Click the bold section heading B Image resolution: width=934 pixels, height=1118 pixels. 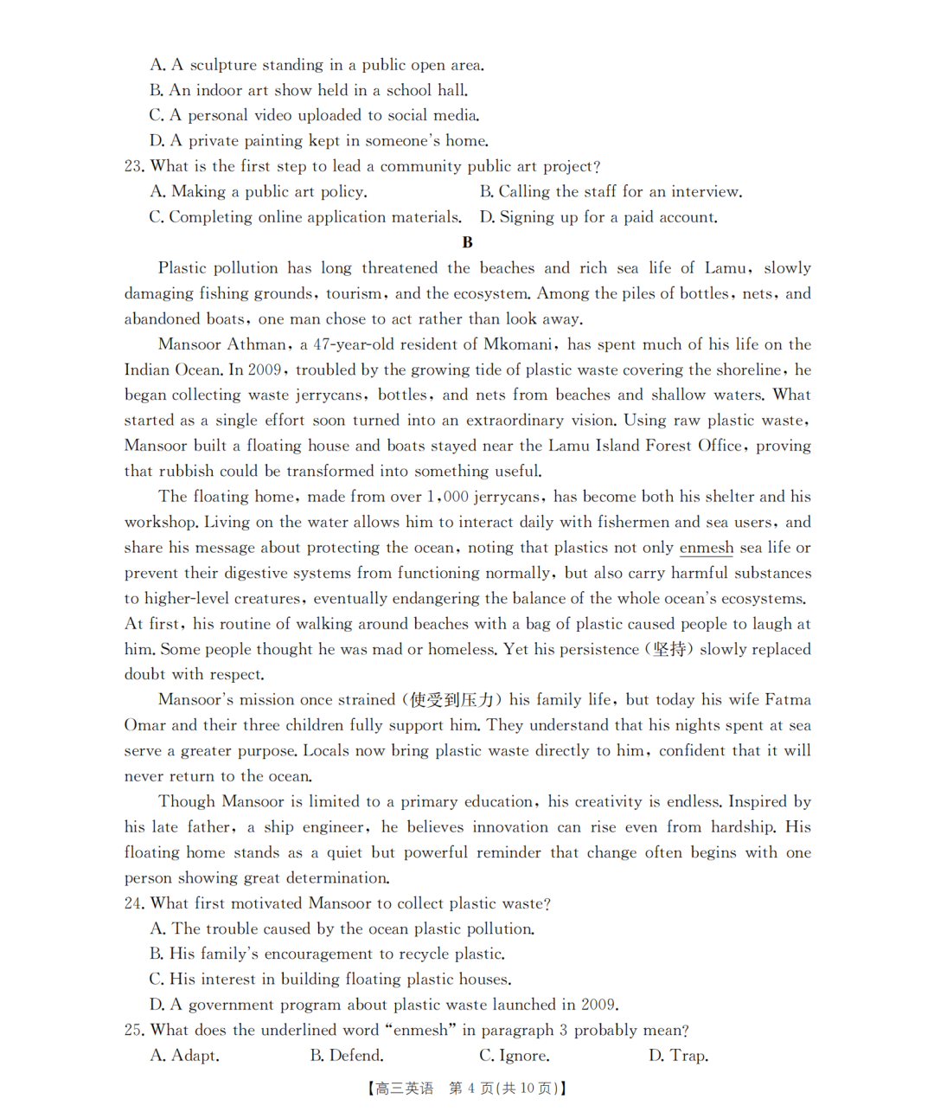[x=467, y=242]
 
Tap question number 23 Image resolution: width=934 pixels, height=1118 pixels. [x=133, y=166]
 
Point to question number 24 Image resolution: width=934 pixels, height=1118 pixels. [x=133, y=903]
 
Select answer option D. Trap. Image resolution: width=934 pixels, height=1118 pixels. [x=679, y=1056]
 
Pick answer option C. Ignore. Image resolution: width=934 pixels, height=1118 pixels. [x=515, y=1056]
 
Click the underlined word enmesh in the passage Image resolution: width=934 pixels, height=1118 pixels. [x=706, y=548]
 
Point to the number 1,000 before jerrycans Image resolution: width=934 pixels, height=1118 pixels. [x=447, y=497]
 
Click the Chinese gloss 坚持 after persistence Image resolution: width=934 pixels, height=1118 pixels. [x=669, y=649]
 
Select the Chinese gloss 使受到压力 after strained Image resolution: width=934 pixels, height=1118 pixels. [x=451, y=700]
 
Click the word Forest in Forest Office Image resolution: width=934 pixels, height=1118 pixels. [x=668, y=446]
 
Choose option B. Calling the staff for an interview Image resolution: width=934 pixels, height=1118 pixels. [x=611, y=191]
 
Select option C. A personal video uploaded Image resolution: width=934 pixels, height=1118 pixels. [x=314, y=115]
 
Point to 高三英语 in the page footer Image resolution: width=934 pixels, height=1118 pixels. [x=404, y=1089]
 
